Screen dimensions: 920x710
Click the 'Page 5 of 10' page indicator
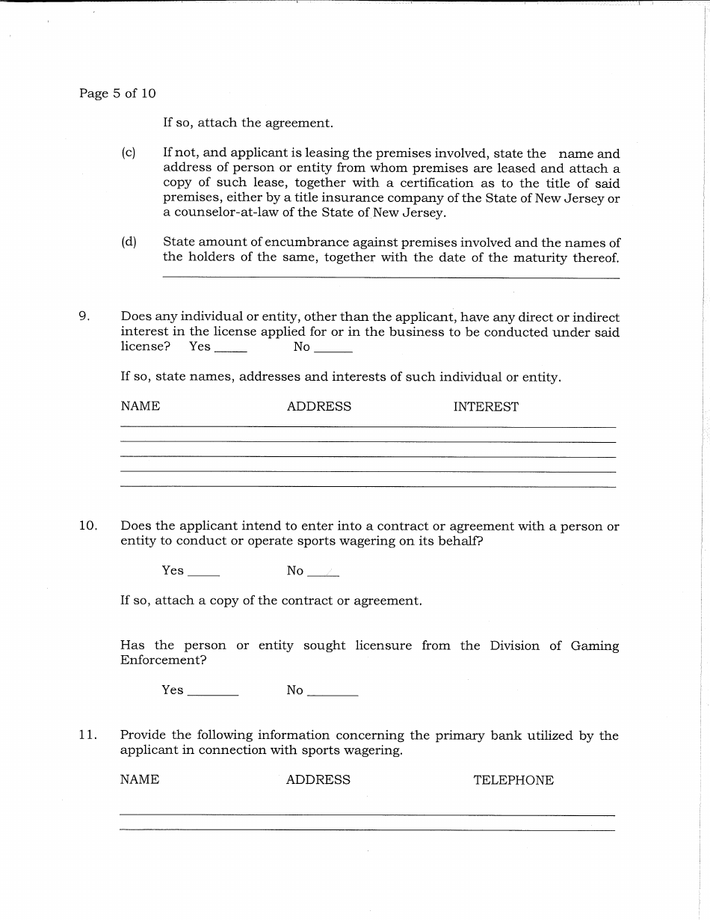[117, 93]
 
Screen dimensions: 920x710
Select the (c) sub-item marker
[129, 153]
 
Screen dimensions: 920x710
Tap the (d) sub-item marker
[129, 242]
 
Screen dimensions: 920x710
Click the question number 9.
[84, 317]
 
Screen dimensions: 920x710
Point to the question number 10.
[87, 526]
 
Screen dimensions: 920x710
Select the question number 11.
[87, 735]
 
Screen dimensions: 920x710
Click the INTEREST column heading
[486, 407]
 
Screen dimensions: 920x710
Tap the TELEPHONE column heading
[513, 780]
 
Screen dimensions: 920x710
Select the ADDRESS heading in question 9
[319, 407]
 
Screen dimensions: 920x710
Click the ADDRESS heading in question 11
[318, 780]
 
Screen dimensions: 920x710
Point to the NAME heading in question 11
[140, 779]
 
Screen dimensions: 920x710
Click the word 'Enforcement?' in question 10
[163, 660]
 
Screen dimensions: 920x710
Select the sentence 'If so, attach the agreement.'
[248, 123]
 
